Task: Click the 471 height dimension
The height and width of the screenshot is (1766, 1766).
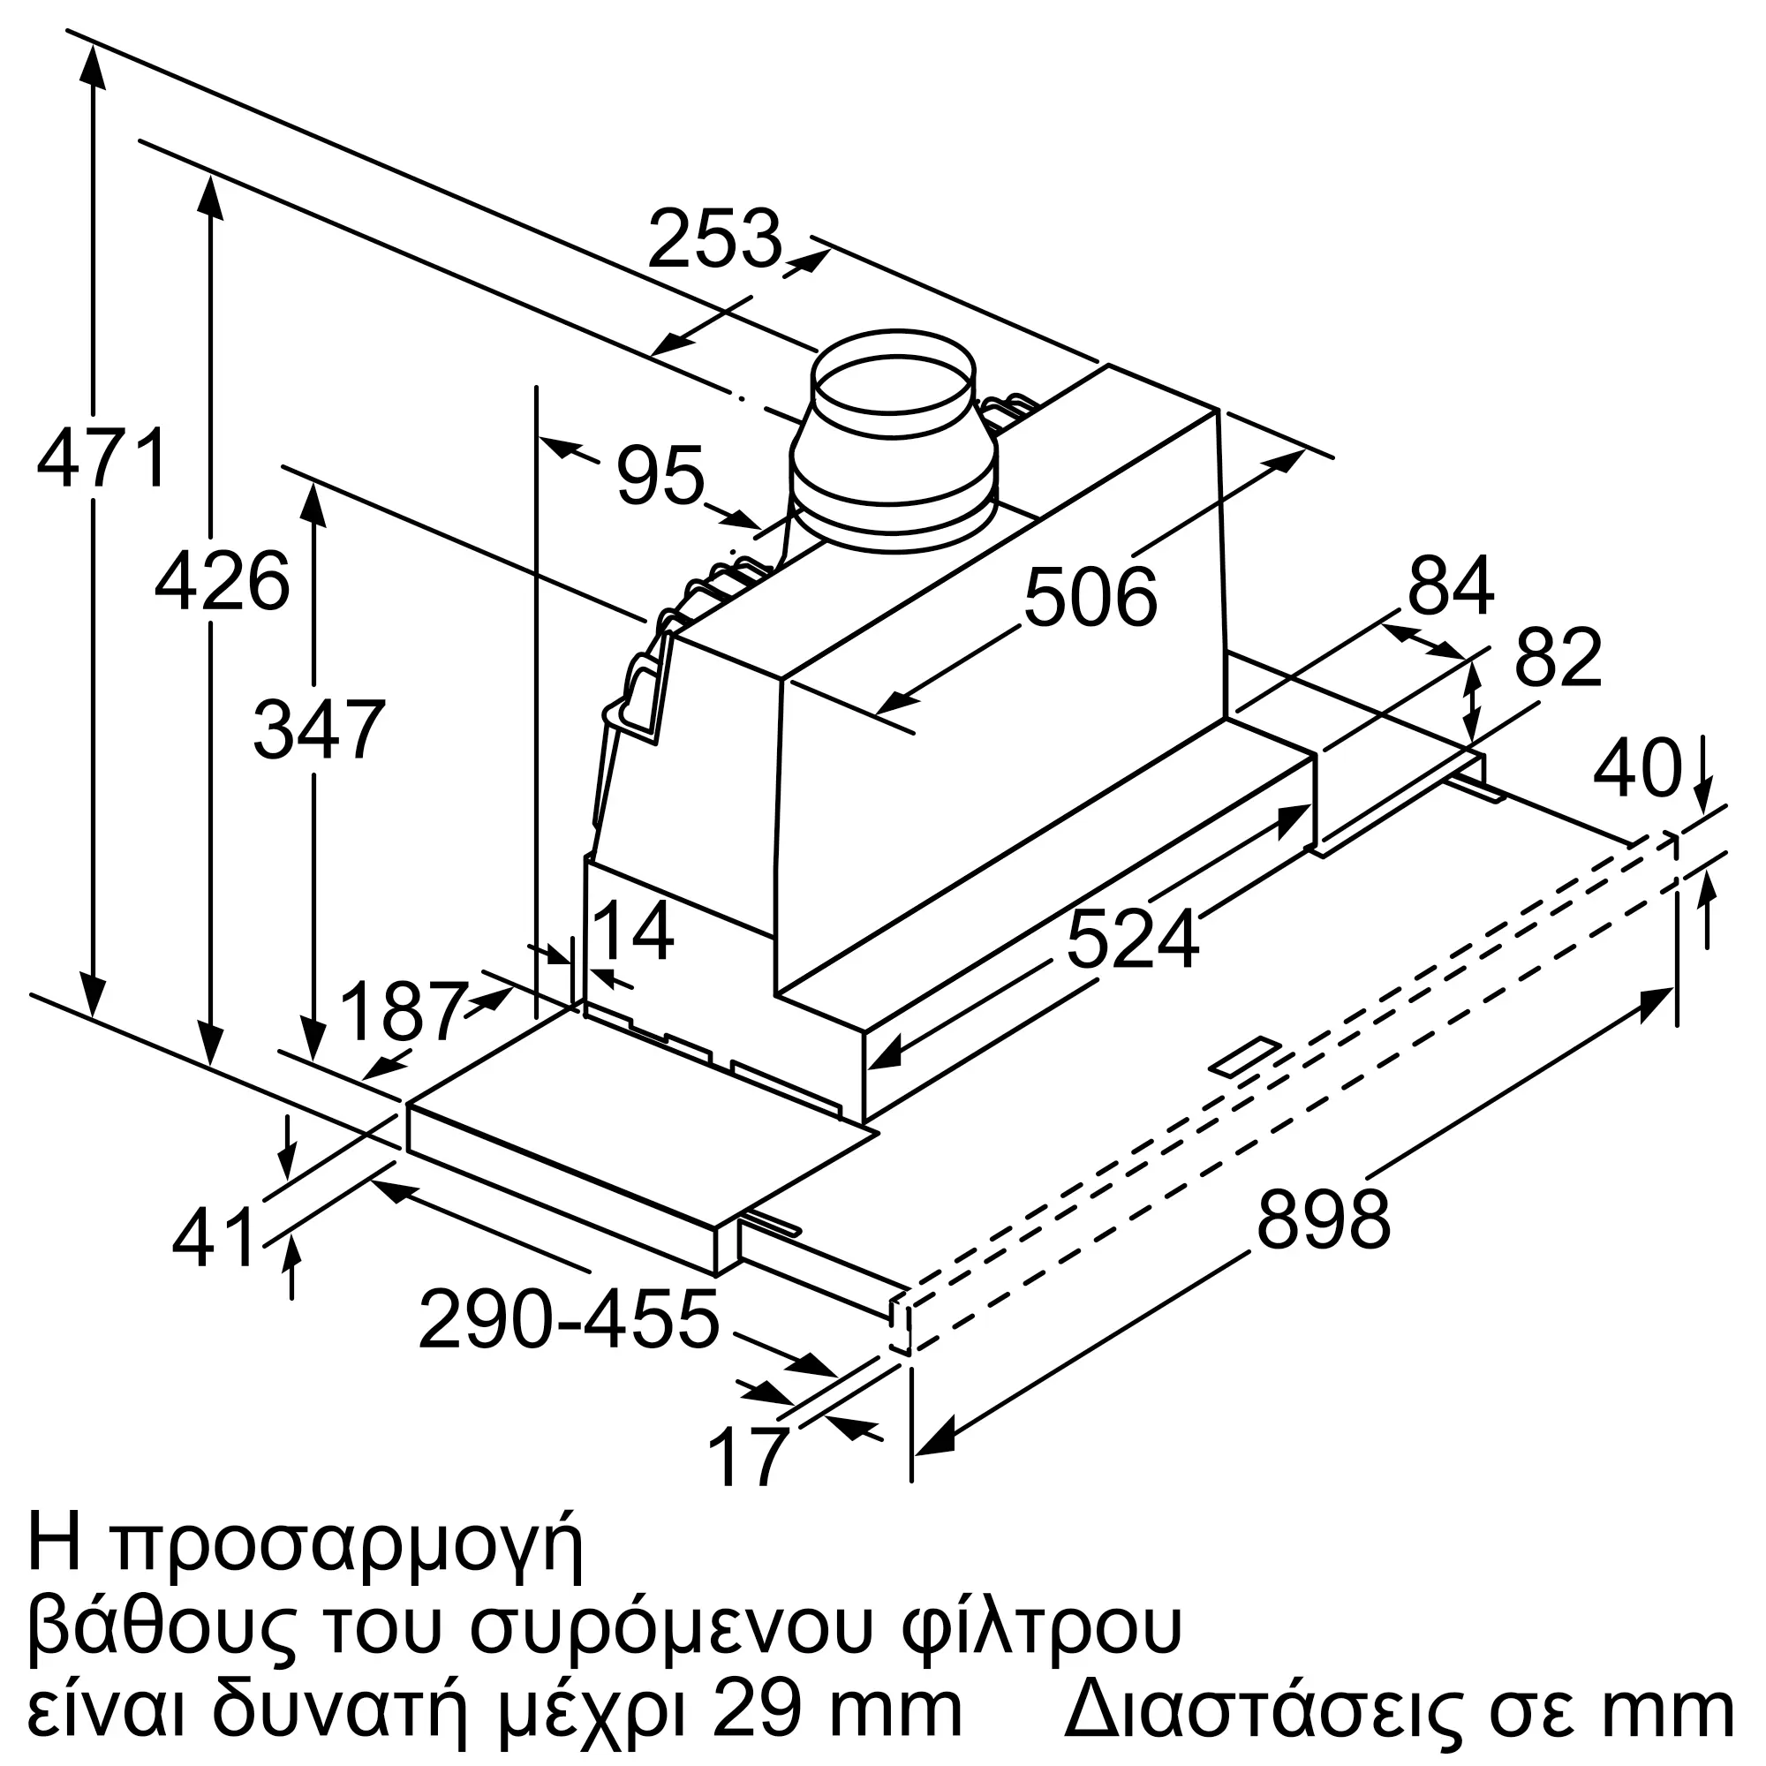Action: coord(102,457)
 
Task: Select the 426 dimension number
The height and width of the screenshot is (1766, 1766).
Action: coord(223,581)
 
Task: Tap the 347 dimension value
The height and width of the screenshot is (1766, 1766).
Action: coord(319,728)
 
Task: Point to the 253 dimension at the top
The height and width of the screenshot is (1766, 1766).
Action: coord(715,238)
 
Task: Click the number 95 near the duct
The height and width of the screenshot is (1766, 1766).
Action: coord(660,475)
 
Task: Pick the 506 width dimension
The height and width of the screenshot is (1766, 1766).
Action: coord(1091,598)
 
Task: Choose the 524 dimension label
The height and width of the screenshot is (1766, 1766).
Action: coord(1132,940)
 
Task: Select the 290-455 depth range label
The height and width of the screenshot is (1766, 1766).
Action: coord(569,1319)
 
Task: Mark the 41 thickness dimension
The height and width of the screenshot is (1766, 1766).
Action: coord(214,1238)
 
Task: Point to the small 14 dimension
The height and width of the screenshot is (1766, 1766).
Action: coord(633,931)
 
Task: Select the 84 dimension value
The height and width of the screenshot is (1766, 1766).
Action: coord(1451,586)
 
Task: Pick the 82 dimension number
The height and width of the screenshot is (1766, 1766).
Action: coord(1558,657)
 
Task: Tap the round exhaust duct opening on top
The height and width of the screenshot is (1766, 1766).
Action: coord(894,382)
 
